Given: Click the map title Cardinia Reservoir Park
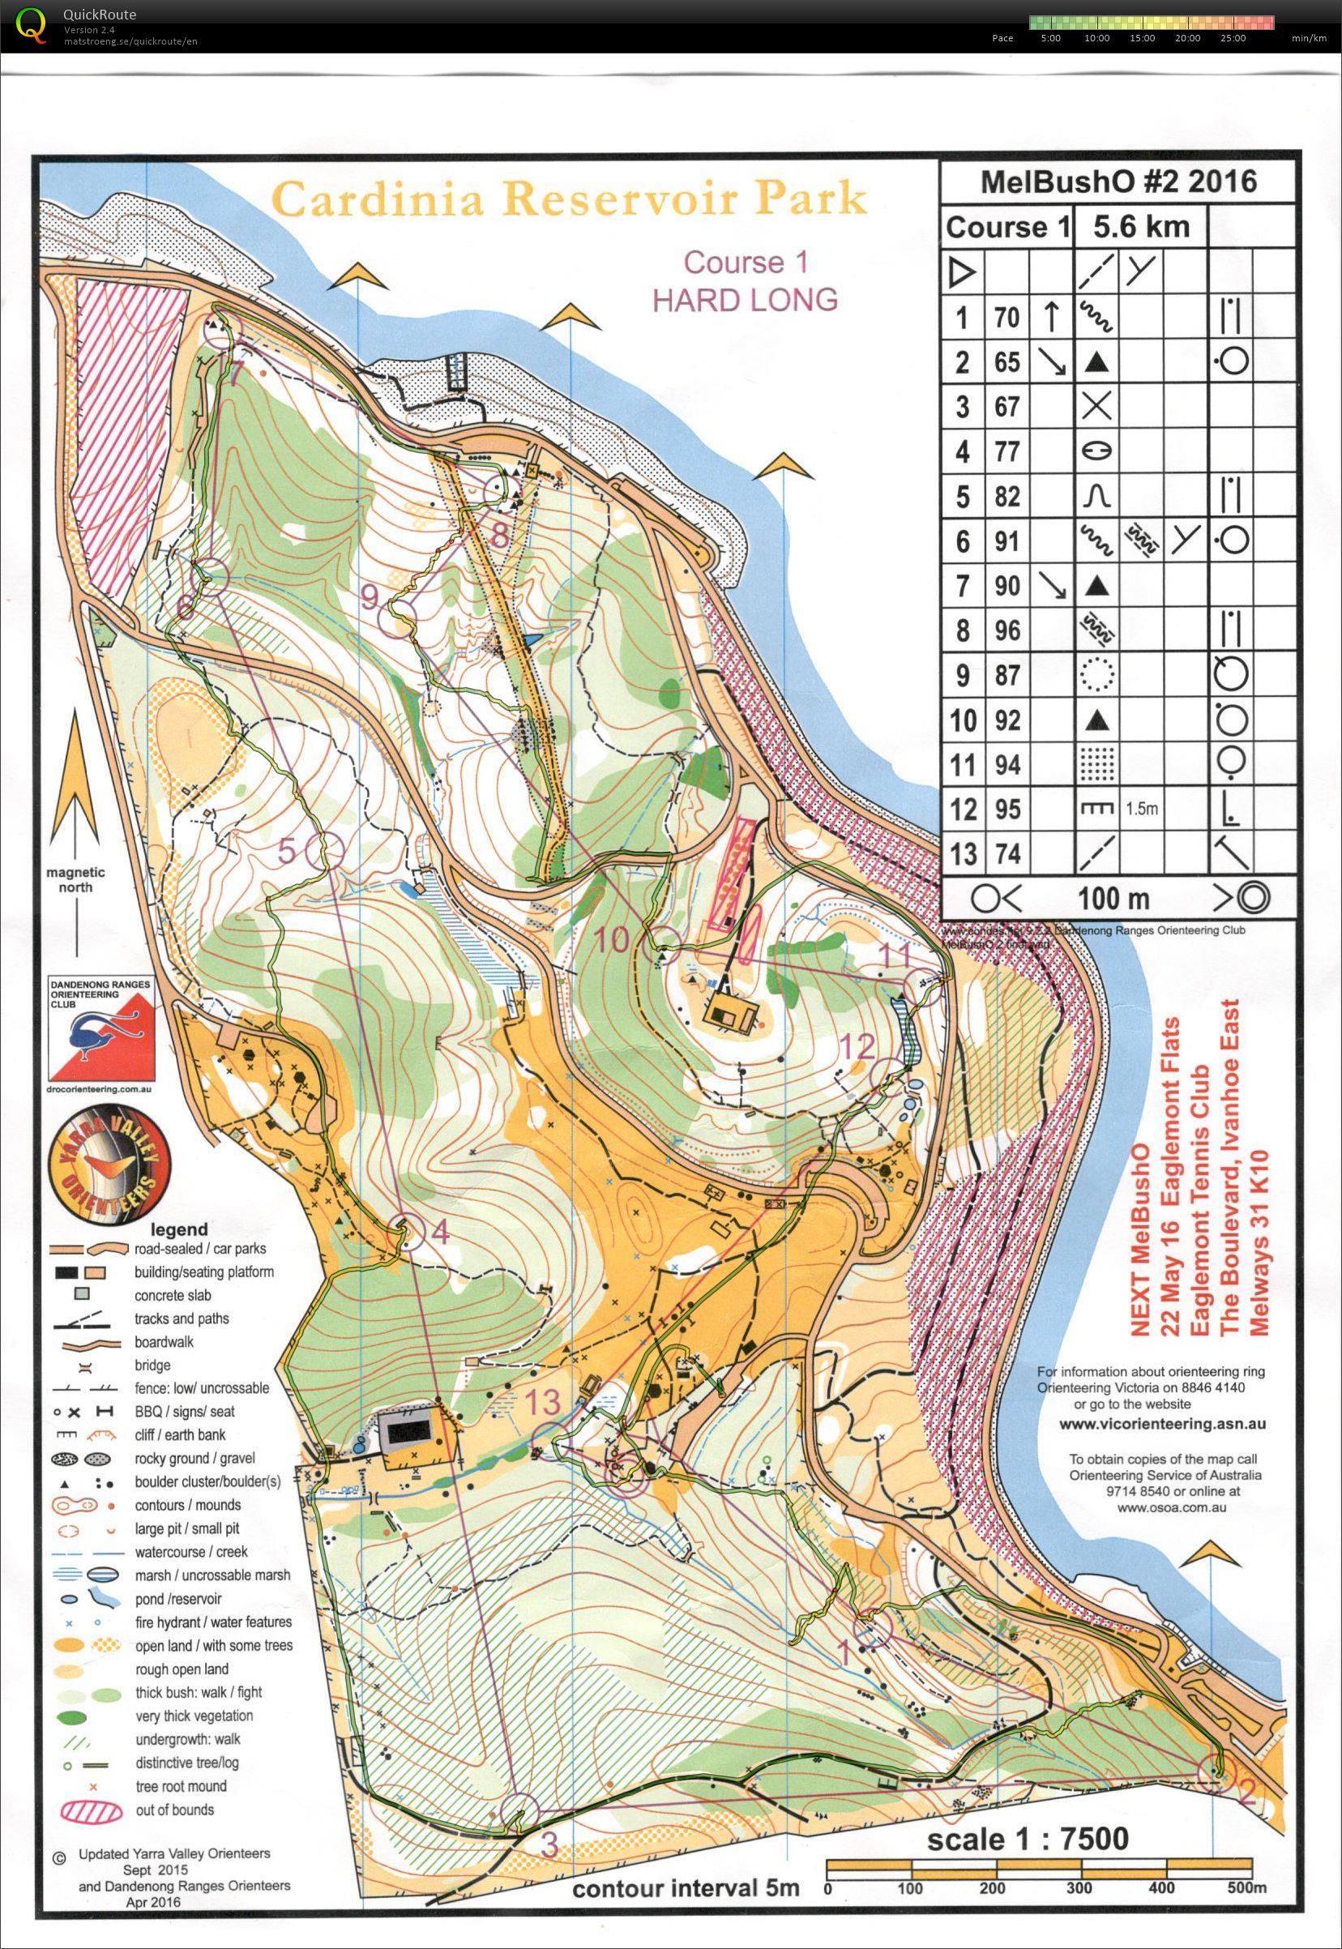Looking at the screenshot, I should [569, 200].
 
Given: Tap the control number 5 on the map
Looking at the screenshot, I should [288, 852].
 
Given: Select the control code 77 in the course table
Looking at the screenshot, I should [1007, 451].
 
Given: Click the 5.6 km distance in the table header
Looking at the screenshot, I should [1140, 227].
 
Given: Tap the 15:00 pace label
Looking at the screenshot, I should [1143, 38].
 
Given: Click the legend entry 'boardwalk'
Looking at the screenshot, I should [164, 1342].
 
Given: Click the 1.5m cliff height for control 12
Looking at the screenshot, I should [1141, 809].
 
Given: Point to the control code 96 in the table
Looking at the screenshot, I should [1007, 630].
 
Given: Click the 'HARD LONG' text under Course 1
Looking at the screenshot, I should [745, 299].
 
